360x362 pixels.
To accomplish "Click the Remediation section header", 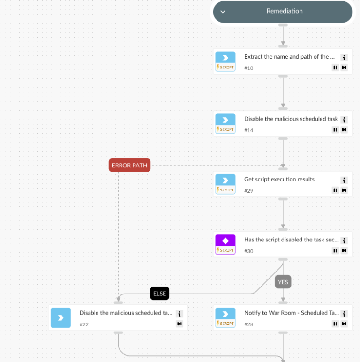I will click(x=284, y=12).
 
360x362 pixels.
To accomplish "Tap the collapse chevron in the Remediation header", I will click(x=223, y=12).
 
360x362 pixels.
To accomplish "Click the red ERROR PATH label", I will click(x=129, y=166).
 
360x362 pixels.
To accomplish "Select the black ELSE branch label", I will click(x=160, y=294).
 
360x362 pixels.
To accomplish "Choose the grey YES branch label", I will click(x=283, y=282).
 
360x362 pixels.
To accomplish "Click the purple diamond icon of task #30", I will click(x=225, y=241).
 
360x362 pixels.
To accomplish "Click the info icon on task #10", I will click(x=344, y=58).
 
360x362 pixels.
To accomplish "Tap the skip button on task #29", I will click(x=344, y=190).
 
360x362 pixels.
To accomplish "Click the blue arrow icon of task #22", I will click(x=61, y=317).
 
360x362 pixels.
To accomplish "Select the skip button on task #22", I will click(x=180, y=324).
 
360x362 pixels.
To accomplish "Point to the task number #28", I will click(x=248, y=324).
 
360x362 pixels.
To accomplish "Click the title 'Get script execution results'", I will click(x=279, y=179).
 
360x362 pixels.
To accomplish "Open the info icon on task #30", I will click(x=344, y=241).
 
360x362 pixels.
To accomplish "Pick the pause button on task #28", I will click(x=335, y=324).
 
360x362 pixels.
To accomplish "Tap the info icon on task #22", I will click(x=180, y=314).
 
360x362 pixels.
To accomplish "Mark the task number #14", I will click(x=248, y=130).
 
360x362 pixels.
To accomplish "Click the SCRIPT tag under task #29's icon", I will click(x=225, y=190).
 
